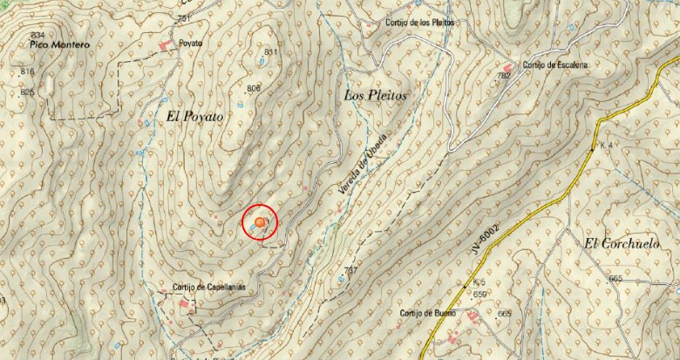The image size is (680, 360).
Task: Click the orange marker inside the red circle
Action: (x=259, y=223)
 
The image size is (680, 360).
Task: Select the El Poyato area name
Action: (x=194, y=116)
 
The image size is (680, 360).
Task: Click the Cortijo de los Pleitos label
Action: (x=419, y=23)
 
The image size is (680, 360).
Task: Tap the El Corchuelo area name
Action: (x=617, y=244)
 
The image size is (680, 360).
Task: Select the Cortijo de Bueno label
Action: (x=429, y=314)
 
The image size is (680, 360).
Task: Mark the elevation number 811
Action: (x=270, y=53)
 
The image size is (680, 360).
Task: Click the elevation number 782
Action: (x=503, y=76)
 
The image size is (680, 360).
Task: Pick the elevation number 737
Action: (x=350, y=270)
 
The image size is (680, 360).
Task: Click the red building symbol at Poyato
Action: (x=164, y=43)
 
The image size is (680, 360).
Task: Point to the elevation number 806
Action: (x=254, y=88)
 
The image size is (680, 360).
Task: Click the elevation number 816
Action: (x=27, y=71)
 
